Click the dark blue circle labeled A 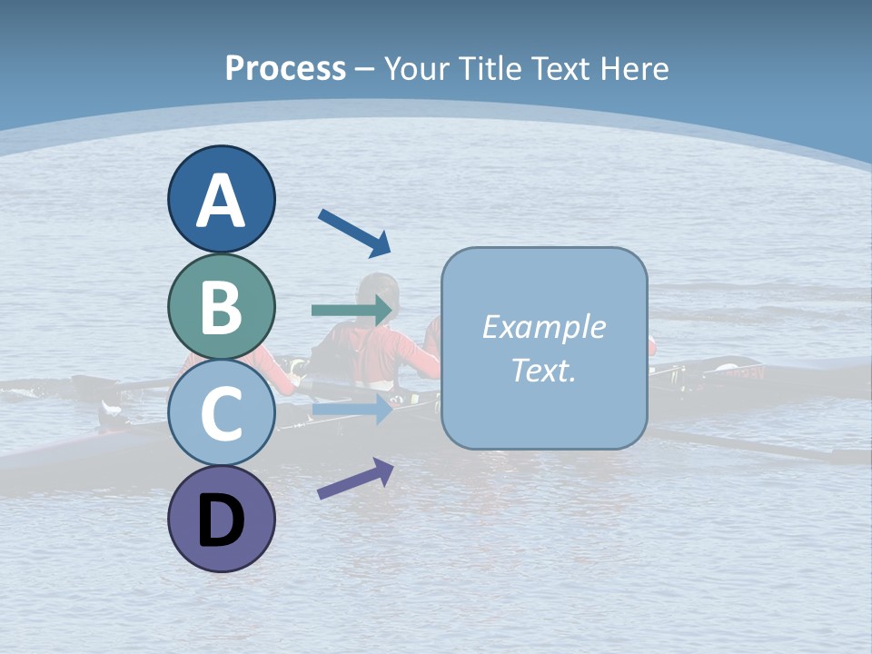[221, 199]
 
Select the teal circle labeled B [221, 306]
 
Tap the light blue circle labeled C [221, 413]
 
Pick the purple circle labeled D [221, 519]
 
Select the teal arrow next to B [352, 310]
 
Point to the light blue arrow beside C [352, 411]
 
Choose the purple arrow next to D [355, 479]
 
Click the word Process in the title [285, 68]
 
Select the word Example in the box [543, 327]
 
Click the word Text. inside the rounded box [543, 370]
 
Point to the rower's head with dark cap [379, 292]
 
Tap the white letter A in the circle [221, 201]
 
